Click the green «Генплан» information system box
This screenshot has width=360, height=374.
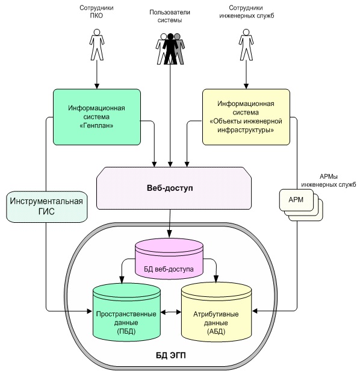(x=97, y=117)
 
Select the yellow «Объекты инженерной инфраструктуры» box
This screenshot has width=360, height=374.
(x=246, y=117)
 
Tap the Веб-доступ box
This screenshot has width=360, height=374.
(x=174, y=188)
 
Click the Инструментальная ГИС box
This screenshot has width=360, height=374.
(x=46, y=207)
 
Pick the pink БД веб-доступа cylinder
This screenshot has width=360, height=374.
(x=169, y=259)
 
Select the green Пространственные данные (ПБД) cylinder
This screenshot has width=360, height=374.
(x=126, y=312)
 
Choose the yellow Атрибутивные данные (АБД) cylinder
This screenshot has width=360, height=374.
(x=217, y=312)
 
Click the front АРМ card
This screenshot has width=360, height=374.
(x=296, y=200)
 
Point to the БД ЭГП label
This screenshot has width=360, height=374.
(x=171, y=355)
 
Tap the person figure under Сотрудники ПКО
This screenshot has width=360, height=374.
(x=97, y=45)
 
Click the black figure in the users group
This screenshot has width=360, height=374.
(x=170, y=49)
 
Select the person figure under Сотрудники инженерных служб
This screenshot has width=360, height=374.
(x=246, y=45)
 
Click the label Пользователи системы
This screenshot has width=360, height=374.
(x=170, y=16)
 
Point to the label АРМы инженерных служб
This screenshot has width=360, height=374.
(x=329, y=181)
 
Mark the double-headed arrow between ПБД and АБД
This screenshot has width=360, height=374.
(x=171, y=312)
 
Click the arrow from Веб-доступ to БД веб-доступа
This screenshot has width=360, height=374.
(x=170, y=223)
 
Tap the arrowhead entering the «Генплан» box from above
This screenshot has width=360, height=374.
(x=97, y=86)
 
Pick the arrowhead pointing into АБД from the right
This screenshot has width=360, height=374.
(x=255, y=311)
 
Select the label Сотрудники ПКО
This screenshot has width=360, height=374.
(x=96, y=11)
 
